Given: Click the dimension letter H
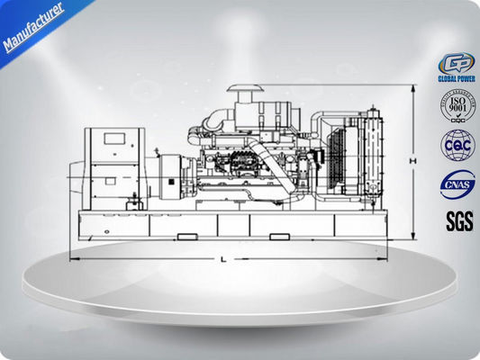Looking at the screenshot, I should point(411,160).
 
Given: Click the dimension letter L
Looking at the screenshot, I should point(222,259).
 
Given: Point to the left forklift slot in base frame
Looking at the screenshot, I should point(187,237).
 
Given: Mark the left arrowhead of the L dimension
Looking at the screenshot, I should point(73,256).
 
